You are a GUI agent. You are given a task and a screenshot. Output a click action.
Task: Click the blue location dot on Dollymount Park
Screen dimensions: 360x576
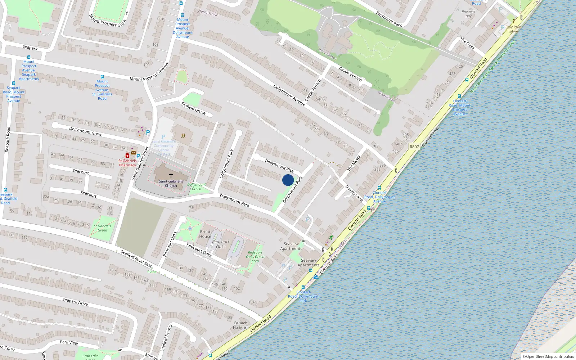coord(288,180)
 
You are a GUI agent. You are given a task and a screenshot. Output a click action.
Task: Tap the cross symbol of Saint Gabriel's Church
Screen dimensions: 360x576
coord(171,175)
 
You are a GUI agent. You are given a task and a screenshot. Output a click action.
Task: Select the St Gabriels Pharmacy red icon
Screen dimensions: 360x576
coord(127,155)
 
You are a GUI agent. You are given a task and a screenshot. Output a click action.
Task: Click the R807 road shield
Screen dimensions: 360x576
coord(414,147)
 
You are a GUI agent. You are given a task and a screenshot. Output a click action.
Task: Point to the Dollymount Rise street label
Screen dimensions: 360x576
coord(279,166)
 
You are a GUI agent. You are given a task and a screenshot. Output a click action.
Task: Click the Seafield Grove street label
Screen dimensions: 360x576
coord(193,108)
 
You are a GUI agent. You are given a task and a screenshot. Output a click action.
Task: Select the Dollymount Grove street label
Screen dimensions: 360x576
coord(86,131)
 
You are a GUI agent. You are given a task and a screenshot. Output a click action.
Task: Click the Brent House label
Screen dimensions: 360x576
coord(205,234)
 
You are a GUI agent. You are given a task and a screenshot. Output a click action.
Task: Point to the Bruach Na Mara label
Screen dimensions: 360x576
coord(241,325)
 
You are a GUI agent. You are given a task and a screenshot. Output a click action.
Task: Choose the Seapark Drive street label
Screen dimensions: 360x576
coord(75,301)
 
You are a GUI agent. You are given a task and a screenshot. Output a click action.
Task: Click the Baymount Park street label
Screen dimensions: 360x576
coord(389,19)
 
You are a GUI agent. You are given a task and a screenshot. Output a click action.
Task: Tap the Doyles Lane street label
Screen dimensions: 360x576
coord(354,193)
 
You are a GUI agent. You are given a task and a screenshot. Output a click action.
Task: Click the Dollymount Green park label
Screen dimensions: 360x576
coord(197,186)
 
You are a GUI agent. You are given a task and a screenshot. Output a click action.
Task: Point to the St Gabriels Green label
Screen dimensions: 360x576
coord(102,228)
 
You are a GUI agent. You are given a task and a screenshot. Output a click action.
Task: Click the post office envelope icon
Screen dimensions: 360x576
coord(134,153)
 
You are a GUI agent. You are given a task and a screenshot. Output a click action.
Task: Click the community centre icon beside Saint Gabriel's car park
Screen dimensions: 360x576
coord(183,136)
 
